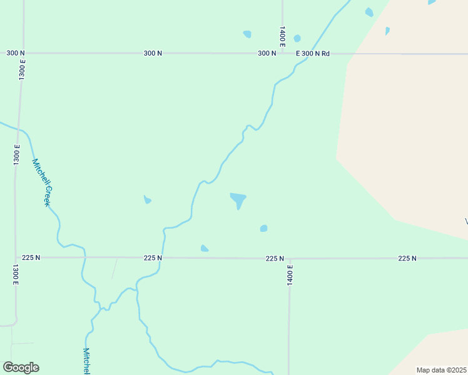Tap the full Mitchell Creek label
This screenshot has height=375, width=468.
[x=41, y=182]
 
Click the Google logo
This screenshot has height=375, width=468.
[x=21, y=367]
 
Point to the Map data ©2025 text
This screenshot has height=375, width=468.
[x=441, y=370]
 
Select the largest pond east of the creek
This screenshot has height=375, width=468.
[x=238, y=200]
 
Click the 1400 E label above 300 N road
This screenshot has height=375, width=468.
[x=282, y=37]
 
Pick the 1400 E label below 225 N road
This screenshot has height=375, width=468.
[x=290, y=276]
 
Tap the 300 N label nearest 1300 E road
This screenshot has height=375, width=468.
[x=16, y=53]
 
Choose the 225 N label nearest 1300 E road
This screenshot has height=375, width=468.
[x=31, y=257]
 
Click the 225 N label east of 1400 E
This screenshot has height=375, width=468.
[x=407, y=258]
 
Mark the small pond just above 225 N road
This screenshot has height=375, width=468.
[x=204, y=249]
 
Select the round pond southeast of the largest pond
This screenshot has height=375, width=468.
[x=264, y=228]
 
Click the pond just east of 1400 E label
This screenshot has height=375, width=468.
[x=297, y=38]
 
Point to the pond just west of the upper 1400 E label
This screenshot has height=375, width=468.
[x=247, y=34]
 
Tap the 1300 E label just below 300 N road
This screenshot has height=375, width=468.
[x=22, y=68]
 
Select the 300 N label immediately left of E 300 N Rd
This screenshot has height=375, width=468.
[x=267, y=54]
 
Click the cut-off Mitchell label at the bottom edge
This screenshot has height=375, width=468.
[x=87, y=361]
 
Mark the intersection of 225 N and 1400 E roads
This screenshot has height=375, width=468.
[x=289, y=258]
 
